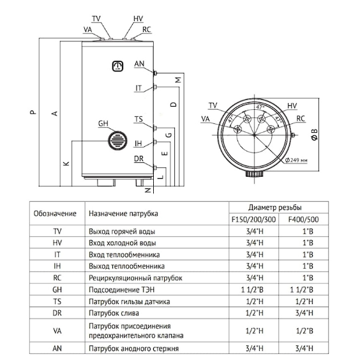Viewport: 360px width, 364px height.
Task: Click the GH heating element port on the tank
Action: [117, 140]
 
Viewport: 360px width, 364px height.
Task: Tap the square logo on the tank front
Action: [117, 66]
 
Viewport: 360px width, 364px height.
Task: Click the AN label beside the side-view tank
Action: [139, 64]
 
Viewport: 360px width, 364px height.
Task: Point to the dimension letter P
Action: [33, 112]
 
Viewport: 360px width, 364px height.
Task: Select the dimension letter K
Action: [66, 163]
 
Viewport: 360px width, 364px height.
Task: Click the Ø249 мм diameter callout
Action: [296, 160]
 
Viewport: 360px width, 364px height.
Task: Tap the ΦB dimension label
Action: [314, 135]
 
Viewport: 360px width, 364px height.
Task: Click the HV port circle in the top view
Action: [262, 119]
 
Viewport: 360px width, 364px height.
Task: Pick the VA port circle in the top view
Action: [238, 129]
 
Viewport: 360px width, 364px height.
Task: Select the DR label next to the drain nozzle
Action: [139, 159]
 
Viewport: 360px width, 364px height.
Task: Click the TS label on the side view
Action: [139, 119]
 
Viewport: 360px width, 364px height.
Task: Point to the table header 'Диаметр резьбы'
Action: [275, 208]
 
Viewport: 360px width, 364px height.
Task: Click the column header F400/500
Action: [303, 220]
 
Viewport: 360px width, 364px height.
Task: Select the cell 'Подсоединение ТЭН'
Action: [122, 289]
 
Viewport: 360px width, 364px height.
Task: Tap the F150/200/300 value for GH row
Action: [252, 289]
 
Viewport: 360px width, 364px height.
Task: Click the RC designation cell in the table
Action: [57, 278]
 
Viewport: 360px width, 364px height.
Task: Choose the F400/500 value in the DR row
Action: [304, 313]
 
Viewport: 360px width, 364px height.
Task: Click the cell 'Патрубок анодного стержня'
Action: [133, 348]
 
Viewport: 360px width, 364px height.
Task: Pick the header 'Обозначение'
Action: [55, 213]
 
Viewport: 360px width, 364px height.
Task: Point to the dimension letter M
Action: [178, 80]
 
